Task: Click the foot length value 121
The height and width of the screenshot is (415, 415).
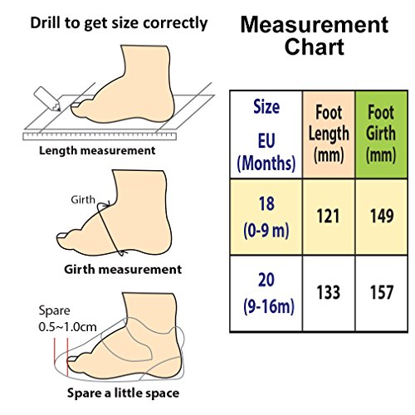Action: pos(328,216)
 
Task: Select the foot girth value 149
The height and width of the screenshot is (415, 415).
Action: pos(382,216)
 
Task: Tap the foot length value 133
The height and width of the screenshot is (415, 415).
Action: pos(328,292)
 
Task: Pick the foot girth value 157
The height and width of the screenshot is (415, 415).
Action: pos(382,292)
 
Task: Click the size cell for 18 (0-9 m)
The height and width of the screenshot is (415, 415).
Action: pos(266,217)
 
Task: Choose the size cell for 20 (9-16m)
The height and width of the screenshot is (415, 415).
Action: pos(266,293)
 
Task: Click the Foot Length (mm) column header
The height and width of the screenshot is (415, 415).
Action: pos(329,134)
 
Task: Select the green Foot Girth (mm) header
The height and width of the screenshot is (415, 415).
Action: pos(381,134)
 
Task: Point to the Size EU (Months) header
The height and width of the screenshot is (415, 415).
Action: pos(266,134)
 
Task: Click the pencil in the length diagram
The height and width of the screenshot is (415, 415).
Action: pos(47,99)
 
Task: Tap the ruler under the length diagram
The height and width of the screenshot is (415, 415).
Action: pos(100,136)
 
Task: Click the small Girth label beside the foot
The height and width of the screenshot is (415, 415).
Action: pos(83,200)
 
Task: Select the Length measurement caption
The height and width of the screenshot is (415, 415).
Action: pos(97,151)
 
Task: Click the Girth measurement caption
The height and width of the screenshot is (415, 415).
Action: pos(123,270)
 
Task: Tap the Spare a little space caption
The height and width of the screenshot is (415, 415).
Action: pos(123,393)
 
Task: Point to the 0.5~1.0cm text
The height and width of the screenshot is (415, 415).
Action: pos(68,327)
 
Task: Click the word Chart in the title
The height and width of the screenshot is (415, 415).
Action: pos(315,46)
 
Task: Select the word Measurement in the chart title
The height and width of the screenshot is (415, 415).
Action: pos(315,25)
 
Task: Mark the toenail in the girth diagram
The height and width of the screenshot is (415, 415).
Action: pos(62,236)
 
